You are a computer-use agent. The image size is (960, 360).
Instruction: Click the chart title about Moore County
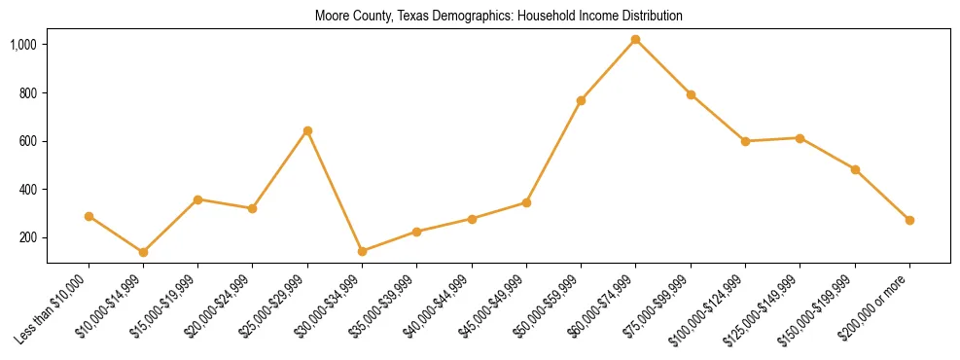coord(498,17)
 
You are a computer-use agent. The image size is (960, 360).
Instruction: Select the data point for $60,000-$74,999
coord(635,40)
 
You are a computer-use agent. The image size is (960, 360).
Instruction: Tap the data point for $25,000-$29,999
coord(307,130)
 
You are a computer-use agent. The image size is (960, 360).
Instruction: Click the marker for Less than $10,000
coord(89,216)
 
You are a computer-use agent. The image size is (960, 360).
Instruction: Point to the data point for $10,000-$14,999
coord(143,252)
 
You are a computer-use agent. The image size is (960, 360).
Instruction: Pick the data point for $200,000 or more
coord(909,220)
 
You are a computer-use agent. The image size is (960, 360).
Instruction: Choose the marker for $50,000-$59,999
coord(581,100)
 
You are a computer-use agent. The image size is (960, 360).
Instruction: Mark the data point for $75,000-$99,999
coord(691,94)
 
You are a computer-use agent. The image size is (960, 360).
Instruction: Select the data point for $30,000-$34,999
coord(362,251)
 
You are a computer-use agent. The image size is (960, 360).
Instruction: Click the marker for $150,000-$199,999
coord(855,169)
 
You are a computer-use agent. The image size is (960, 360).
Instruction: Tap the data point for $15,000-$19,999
coord(197,199)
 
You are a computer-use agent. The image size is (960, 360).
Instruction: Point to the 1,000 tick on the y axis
coord(24,45)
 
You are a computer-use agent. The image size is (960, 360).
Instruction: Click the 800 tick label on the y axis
coord(28,93)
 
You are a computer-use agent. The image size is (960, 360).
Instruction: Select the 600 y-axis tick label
coord(28,141)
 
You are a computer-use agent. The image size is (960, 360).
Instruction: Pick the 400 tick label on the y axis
coord(28,190)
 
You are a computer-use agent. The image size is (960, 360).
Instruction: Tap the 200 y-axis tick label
coord(28,237)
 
